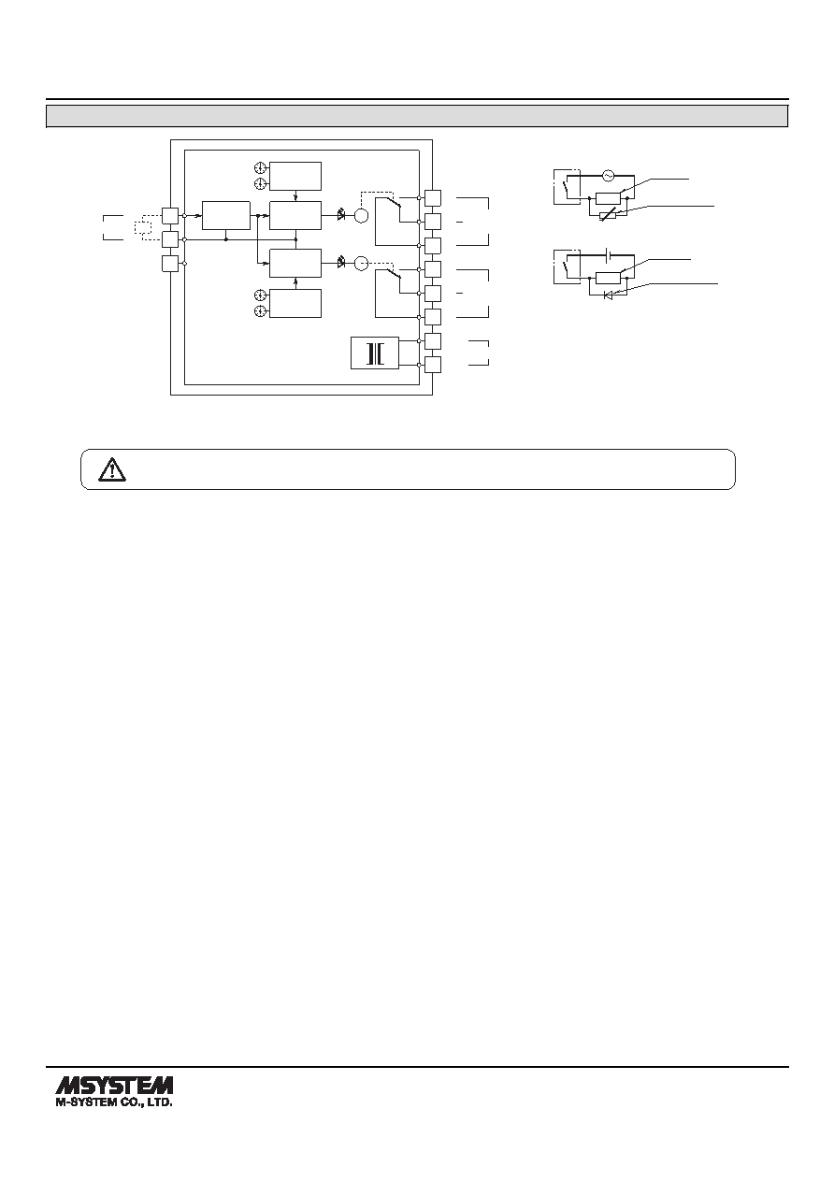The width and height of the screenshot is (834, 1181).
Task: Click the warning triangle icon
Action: pos(112,469)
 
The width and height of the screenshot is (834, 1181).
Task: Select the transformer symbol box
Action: pos(375,353)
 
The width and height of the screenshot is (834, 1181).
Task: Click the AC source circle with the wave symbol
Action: pos(608,176)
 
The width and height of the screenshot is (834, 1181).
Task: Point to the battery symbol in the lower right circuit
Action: pos(608,255)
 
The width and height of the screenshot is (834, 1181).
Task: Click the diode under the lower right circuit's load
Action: pos(608,295)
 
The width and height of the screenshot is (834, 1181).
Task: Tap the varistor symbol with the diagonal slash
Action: pos(608,215)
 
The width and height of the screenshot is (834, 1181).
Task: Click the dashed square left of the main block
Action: pos(143,227)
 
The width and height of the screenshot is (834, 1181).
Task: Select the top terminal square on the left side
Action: pos(170,216)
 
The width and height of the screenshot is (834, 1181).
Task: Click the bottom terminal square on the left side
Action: pos(170,263)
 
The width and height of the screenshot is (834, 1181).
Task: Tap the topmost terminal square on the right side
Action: pos(433,198)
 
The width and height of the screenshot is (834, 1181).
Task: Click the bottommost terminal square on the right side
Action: pos(433,365)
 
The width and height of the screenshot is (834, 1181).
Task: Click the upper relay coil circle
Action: pos(361,216)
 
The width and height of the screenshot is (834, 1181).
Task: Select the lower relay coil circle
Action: pos(361,263)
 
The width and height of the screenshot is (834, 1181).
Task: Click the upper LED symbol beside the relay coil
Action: pos(341,215)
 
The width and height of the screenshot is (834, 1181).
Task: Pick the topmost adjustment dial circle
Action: pos(260,167)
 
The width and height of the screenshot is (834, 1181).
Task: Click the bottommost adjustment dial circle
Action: pos(260,311)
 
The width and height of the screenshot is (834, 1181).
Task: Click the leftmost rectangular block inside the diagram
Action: pos(226,215)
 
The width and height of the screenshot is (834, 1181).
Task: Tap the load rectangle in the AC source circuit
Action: pos(608,198)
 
